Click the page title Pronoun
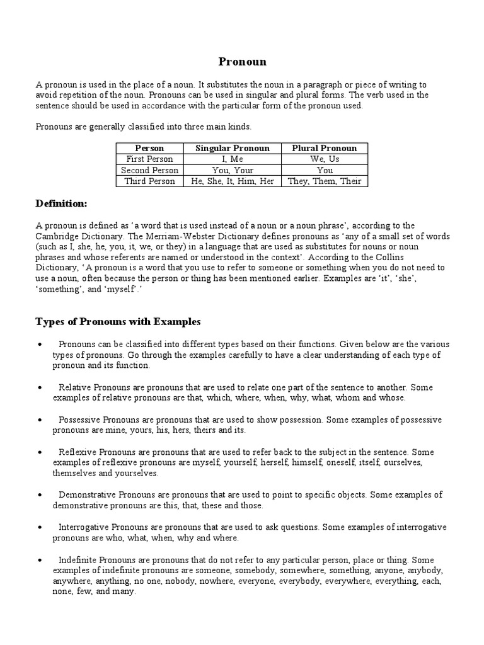point(242,62)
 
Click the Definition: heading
point(62,203)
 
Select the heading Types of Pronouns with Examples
point(118,322)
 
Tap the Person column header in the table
point(149,149)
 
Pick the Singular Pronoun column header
point(232,149)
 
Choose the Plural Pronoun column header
point(325,149)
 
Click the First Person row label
point(149,159)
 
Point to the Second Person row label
point(149,170)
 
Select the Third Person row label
point(149,181)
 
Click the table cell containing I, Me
point(232,159)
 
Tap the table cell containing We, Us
point(325,159)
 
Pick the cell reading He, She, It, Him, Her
point(232,181)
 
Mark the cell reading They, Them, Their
point(325,181)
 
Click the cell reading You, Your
point(232,170)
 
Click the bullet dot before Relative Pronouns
point(40,388)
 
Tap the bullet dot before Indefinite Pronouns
point(40,560)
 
